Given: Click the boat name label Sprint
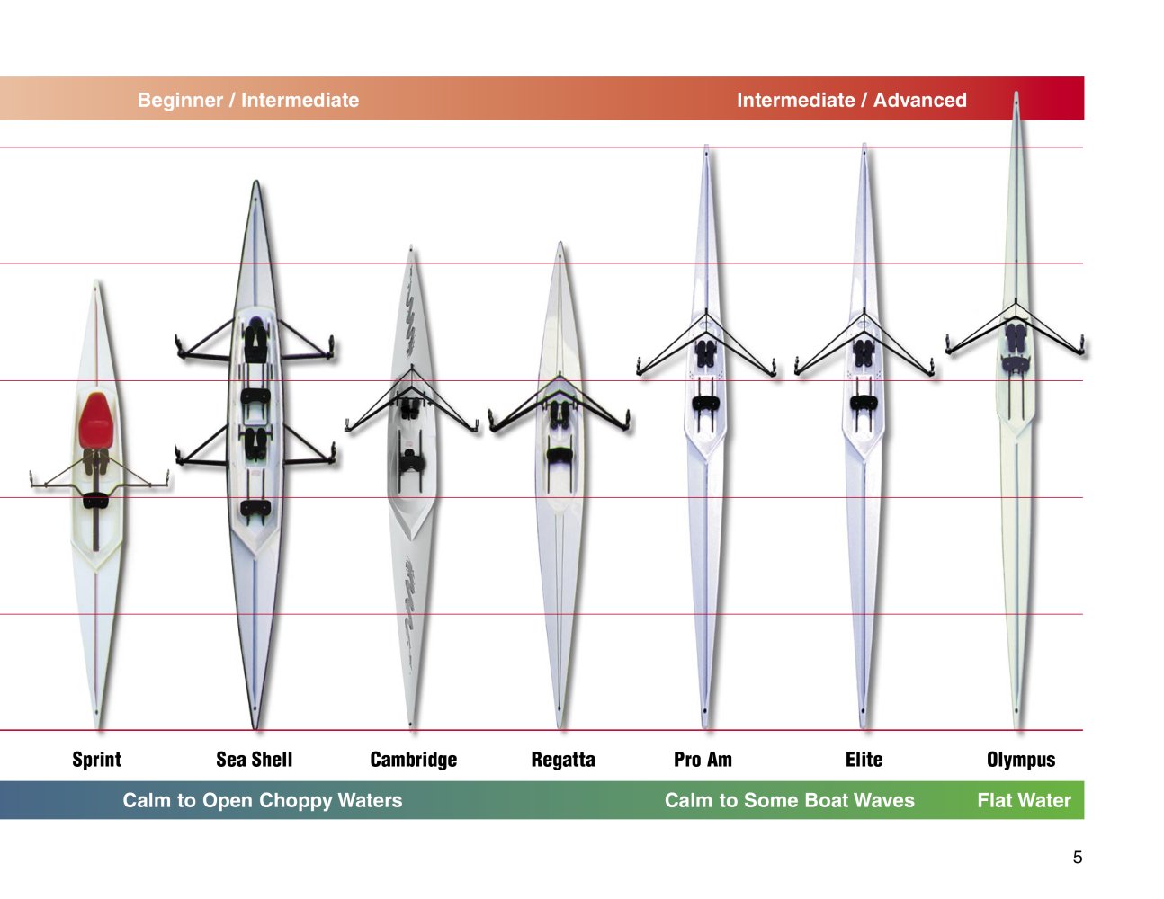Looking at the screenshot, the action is pos(96,760).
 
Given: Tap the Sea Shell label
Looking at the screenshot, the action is pos(255,760).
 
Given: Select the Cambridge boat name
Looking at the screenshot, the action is pos(414,760).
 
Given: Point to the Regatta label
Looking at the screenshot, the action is pos(563,760).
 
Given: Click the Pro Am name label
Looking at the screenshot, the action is pos(703,760).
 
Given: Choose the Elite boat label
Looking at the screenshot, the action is pos(864,760).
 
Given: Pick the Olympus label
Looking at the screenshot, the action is pos(1021,760).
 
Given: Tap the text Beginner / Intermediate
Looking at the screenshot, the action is pos(248,100).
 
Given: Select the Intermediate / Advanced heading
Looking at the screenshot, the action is pos(852,100).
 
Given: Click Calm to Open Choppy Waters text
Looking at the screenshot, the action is pos(263,800).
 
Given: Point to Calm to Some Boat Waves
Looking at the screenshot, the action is pos(790,800).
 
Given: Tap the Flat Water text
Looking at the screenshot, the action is pos(1025,800).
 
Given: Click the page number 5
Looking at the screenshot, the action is pos(1078,858).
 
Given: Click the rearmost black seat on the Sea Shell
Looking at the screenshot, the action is pos(255,508).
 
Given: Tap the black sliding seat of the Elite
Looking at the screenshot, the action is pos(864,403).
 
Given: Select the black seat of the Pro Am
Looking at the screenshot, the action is pos(706,403).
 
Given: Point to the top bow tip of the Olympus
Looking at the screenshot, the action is pos(1016,92).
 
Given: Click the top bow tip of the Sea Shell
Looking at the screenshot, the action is pos(256,181).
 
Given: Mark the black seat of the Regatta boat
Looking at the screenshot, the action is pos(560,456).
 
